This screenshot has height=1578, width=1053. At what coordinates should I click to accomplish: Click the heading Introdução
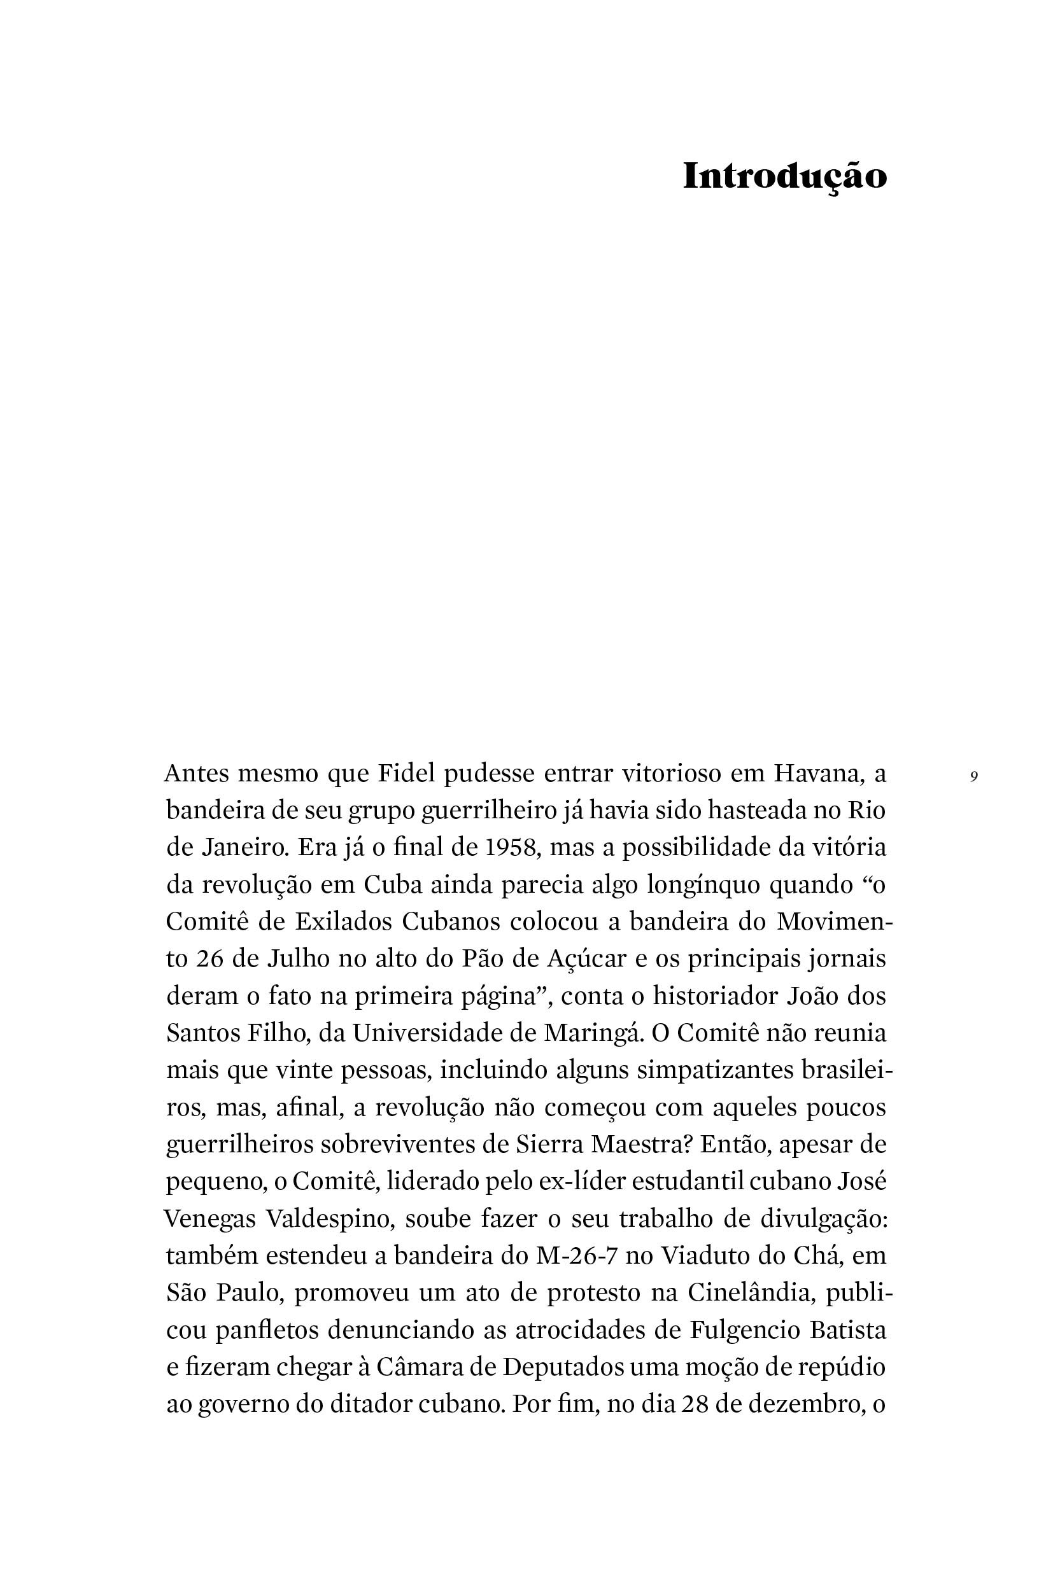tap(784, 177)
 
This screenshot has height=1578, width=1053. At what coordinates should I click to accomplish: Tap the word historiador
tap(714, 995)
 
